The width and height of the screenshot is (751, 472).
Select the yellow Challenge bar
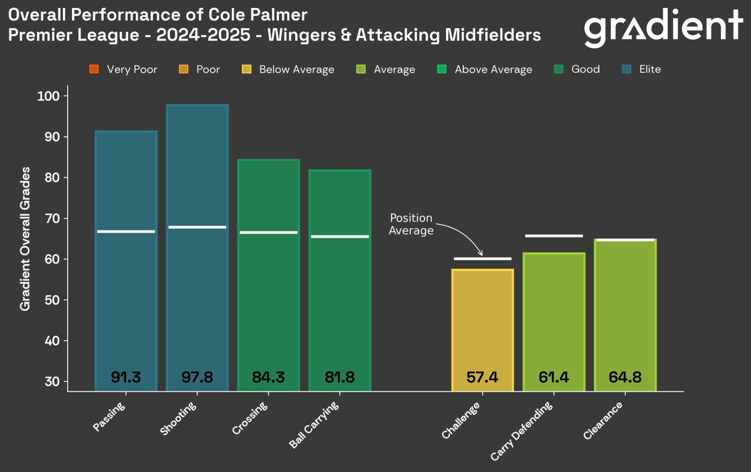click(483, 324)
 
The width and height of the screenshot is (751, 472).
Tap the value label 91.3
click(126, 377)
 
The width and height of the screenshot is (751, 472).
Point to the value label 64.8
click(625, 377)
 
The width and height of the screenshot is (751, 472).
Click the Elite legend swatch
click(627, 69)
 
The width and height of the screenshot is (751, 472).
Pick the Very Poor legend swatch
click(94, 69)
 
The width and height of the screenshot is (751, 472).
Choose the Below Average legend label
click(297, 69)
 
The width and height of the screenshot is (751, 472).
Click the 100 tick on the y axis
click(48, 96)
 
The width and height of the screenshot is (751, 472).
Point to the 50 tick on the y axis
click(52, 300)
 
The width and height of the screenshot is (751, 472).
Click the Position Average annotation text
click(411, 224)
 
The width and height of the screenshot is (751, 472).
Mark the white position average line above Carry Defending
click(554, 236)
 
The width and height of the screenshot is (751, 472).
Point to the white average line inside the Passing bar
click(126, 231)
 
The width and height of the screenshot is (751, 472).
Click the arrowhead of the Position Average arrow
click(480, 254)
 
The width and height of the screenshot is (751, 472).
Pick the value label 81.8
click(340, 377)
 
